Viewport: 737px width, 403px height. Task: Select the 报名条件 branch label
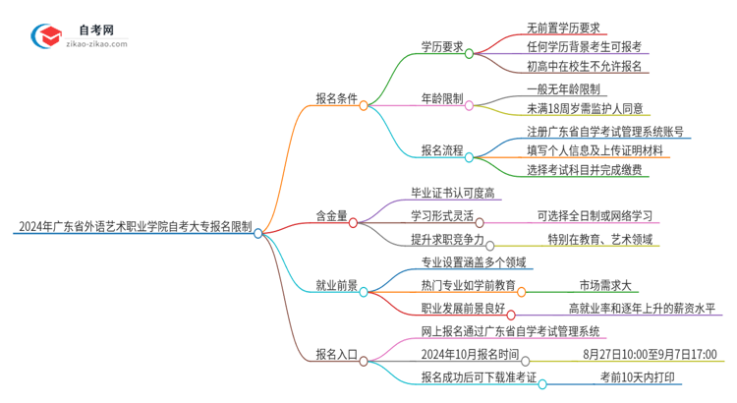tap(335, 101)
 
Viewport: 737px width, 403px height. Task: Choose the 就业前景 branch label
tap(335, 289)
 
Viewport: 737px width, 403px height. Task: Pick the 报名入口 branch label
tap(335, 361)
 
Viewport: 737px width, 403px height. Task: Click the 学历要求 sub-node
tap(441, 46)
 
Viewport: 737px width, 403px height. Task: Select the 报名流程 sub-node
tap(441, 152)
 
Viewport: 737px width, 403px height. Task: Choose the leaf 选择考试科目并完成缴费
tap(571, 170)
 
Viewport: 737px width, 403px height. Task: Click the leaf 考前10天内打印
tap(638, 376)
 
